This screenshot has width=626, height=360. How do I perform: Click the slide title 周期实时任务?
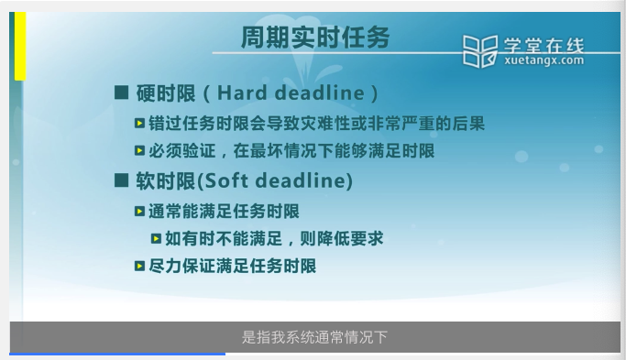point(315,38)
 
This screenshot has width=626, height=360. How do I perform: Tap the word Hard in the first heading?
point(242,93)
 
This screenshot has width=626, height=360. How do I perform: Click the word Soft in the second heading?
point(226,180)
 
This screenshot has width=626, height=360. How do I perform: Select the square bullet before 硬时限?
point(121,93)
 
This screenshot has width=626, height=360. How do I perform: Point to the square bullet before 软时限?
point(121,180)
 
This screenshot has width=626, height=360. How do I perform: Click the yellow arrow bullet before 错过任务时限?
point(139,124)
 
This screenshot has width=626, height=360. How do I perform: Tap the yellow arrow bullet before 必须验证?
point(139,150)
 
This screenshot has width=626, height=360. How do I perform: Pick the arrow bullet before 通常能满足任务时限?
point(139,211)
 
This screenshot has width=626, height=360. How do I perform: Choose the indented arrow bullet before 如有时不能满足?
point(156,239)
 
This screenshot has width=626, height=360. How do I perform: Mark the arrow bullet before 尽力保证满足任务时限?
point(139,266)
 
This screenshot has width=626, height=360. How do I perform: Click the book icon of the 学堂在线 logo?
point(480,51)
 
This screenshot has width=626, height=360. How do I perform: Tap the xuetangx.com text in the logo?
point(544,60)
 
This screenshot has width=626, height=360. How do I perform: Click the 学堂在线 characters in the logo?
point(544,45)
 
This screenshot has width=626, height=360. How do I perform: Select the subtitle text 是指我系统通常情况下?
point(314,337)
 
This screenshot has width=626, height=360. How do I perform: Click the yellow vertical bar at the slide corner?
point(20,46)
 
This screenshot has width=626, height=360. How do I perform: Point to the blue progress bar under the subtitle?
point(117,354)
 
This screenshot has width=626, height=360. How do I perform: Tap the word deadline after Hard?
point(320,93)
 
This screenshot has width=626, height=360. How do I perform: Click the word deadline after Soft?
point(302,180)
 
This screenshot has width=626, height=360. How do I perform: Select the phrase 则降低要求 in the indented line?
point(341,239)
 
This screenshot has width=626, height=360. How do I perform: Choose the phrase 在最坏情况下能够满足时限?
point(334,151)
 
